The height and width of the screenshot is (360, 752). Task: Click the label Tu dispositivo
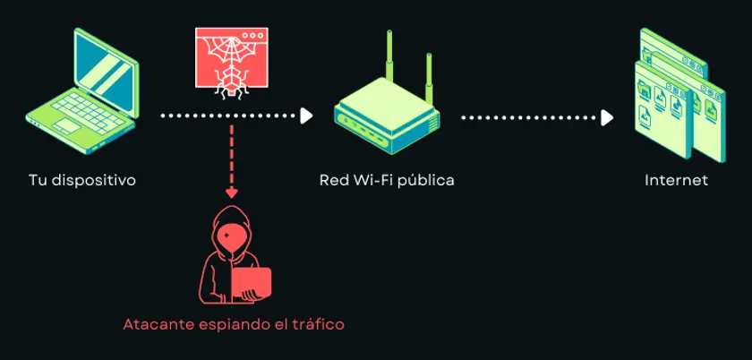82,181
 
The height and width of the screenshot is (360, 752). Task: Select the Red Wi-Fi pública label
387,181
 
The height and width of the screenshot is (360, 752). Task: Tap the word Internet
676,181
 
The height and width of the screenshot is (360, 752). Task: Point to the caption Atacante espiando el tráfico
234,324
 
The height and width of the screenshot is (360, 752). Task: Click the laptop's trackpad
66,125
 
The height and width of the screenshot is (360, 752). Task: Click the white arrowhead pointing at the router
306,116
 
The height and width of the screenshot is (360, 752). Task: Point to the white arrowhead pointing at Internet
607,117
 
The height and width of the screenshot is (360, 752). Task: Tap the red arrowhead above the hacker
232,193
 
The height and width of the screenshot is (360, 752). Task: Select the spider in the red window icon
231,81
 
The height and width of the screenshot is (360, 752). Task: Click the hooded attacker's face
231,236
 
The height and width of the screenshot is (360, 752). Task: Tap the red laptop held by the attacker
251,283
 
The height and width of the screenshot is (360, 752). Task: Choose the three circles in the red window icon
252,36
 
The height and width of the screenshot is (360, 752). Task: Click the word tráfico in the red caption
319,324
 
